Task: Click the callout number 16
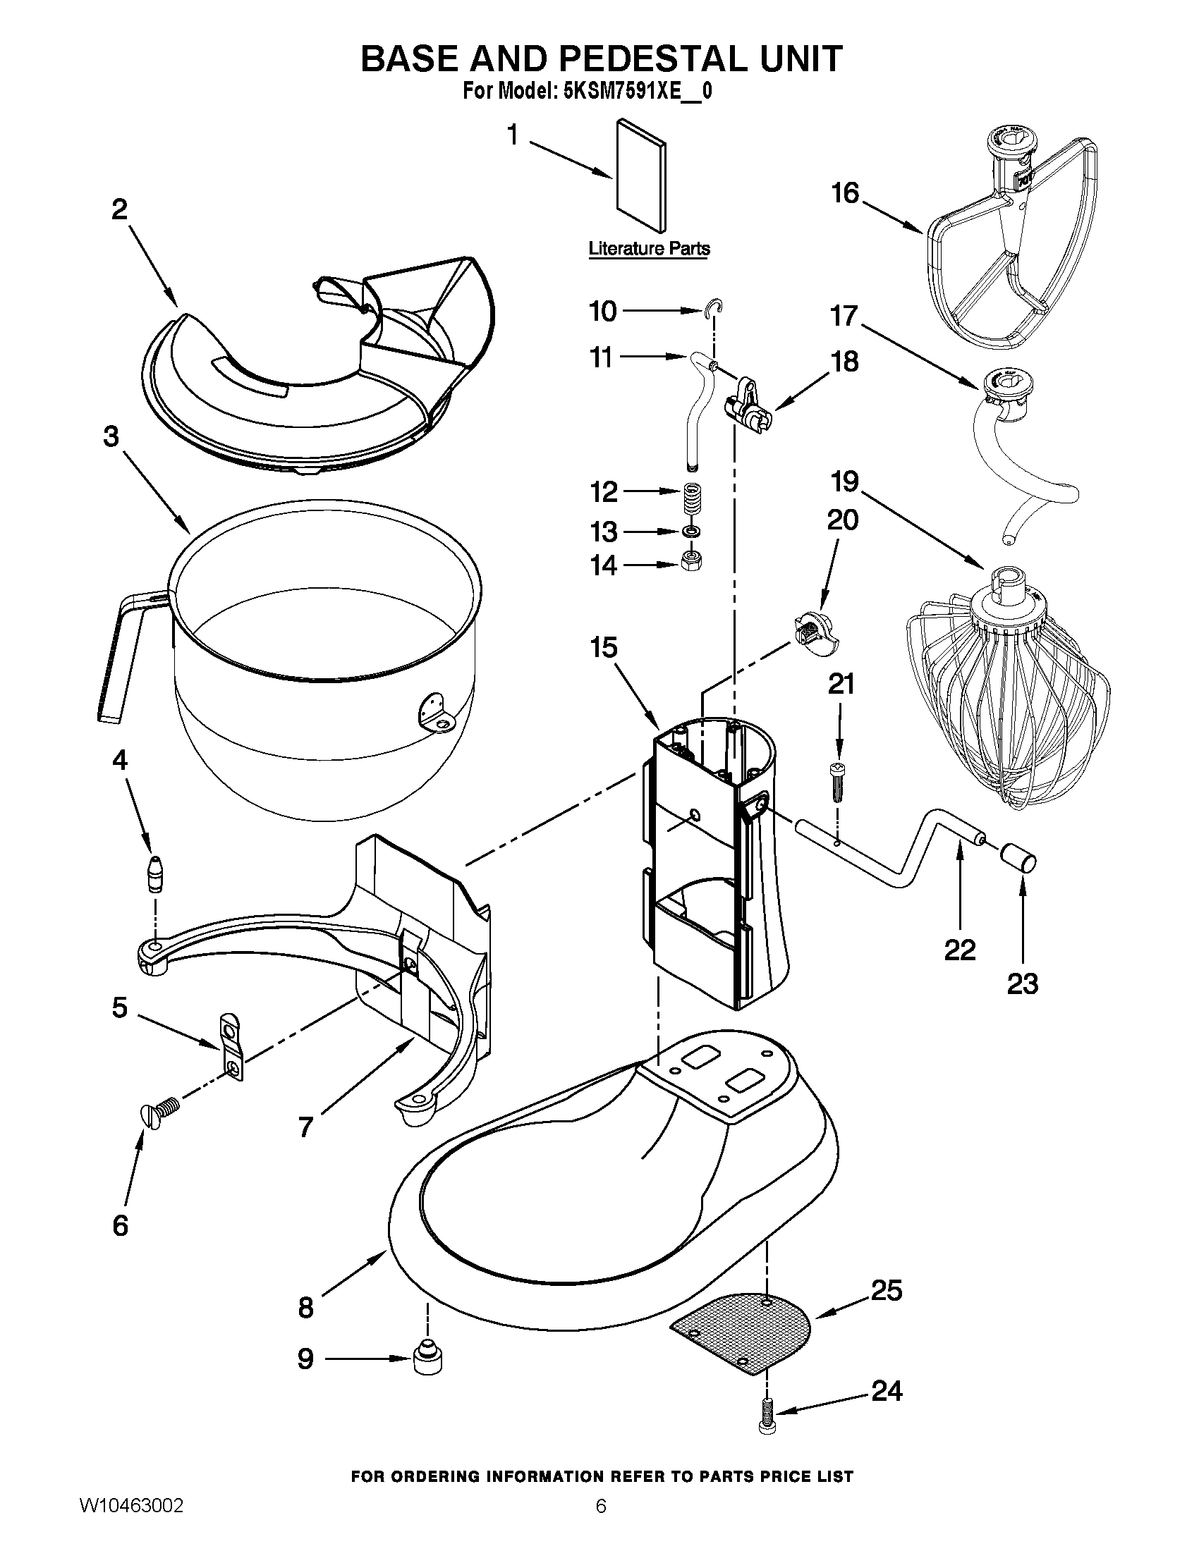coord(845,193)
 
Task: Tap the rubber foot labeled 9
coord(428,1357)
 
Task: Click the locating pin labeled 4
coord(154,873)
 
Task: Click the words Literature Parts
coord(648,249)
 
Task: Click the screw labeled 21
coord(837,781)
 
